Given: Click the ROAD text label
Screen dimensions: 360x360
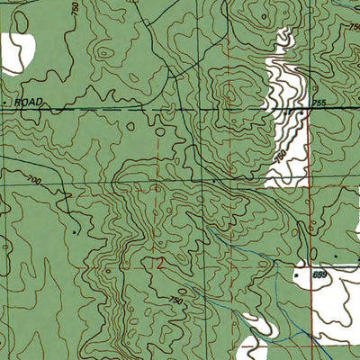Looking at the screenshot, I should [30, 103].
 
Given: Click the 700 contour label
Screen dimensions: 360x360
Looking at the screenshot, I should [35, 184].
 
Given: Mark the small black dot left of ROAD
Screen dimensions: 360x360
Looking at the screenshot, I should [4, 103].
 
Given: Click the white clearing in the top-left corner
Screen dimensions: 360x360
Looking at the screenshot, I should [16, 52].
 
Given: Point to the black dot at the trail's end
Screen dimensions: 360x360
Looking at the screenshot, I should [76, 231].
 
